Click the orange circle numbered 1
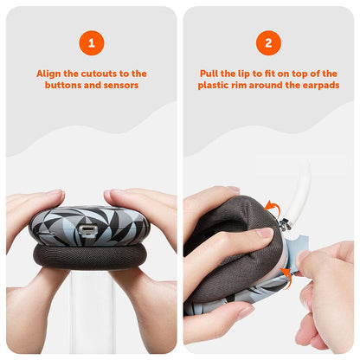click(92, 43)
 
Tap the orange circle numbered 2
click(268, 43)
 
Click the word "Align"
click(49, 74)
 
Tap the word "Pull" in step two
click(209, 74)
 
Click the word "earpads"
click(321, 86)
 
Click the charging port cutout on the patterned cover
click(86, 230)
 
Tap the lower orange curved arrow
click(286, 276)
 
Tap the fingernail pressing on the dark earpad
click(265, 233)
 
